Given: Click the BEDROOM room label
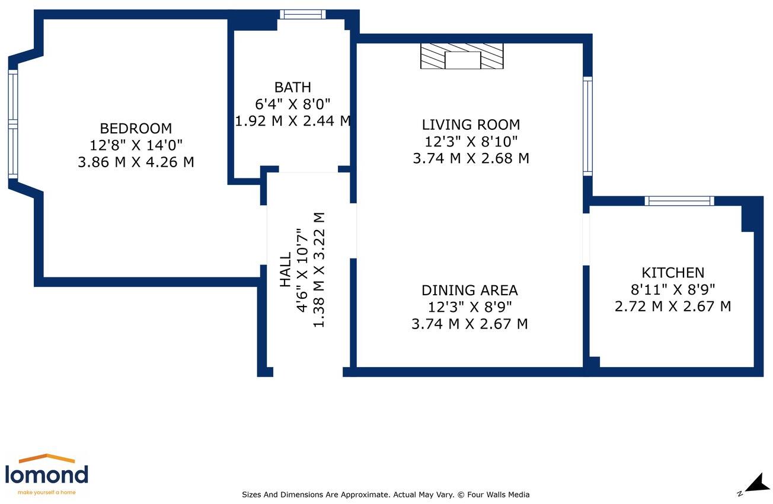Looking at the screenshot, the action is (x=136, y=129).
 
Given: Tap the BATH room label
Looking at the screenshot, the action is (x=293, y=87).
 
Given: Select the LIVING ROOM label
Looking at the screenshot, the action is (x=471, y=125).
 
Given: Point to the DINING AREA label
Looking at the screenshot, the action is (x=469, y=291).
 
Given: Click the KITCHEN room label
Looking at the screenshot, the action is (x=673, y=273).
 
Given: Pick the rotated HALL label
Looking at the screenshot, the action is (x=285, y=270).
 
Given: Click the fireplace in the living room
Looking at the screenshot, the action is (x=462, y=56).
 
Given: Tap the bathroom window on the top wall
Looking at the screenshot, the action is (x=303, y=14).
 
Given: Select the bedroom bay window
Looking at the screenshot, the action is (x=13, y=125).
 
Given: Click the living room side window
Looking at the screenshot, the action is (x=587, y=126).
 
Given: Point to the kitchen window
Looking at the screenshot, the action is (x=679, y=201).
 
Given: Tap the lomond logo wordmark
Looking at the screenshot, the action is (x=47, y=474).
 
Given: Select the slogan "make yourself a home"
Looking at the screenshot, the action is (x=47, y=492).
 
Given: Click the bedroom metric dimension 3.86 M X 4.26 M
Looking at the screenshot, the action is (x=136, y=162).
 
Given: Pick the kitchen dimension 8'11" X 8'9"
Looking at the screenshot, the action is (x=673, y=289).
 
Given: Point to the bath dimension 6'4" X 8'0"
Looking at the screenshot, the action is (x=293, y=104).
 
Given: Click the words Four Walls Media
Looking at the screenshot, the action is (x=499, y=495).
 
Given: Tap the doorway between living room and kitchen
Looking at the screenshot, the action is (x=586, y=240).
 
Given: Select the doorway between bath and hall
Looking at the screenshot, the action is (x=308, y=170).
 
